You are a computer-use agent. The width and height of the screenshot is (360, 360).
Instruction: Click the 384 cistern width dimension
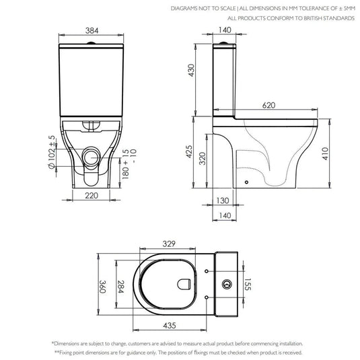(92, 30)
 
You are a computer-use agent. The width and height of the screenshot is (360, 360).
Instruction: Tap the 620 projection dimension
(268, 106)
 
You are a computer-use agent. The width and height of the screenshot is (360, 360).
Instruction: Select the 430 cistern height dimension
(191, 70)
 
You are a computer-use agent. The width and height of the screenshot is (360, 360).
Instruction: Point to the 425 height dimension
(189, 151)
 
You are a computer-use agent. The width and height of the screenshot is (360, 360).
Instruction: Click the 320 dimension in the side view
(203, 158)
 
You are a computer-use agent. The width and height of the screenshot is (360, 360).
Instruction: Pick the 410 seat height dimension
(325, 153)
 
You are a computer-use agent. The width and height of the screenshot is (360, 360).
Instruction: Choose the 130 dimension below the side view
(223, 201)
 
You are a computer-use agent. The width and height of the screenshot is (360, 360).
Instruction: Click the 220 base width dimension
(92, 196)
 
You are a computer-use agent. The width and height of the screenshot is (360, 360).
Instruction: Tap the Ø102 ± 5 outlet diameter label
(52, 152)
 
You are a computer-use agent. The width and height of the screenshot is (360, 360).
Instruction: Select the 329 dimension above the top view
(169, 244)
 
